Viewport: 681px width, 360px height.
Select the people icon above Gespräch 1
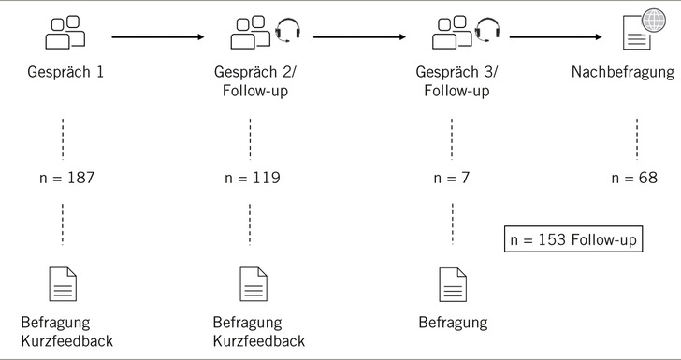click(64, 35)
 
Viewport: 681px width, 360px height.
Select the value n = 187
click(64, 178)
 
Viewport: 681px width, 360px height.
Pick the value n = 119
click(250, 178)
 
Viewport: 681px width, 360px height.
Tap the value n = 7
click(453, 178)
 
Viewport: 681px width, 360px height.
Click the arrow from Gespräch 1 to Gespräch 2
click(157, 37)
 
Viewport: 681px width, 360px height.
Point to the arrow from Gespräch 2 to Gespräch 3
click(360, 37)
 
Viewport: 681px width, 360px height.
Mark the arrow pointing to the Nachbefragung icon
click(556, 37)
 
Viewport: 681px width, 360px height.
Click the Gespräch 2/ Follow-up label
click(250, 83)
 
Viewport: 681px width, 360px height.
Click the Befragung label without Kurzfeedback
click(453, 323)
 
